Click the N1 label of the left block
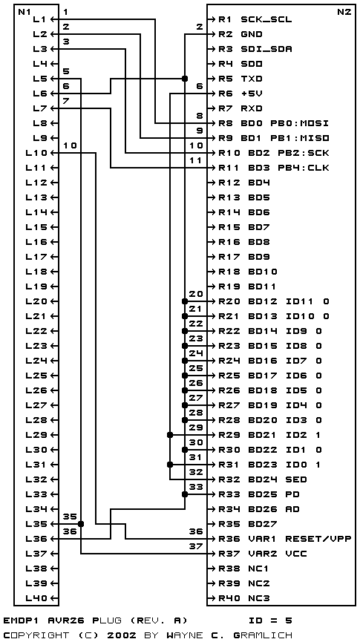tap(23, 12)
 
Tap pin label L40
tap(39, 597)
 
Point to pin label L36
tap(39, 538)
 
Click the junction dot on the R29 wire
tap(170, 435)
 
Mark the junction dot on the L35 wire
tap(81, 524)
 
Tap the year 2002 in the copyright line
tap(121, 635)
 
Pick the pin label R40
tap(229, 597)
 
